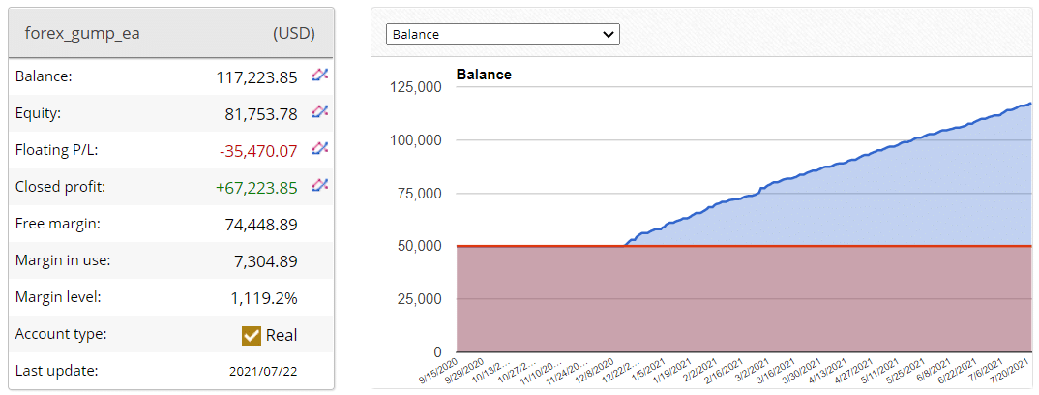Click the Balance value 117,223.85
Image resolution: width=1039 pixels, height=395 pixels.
256,76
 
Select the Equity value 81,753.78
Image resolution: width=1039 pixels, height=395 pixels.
261,113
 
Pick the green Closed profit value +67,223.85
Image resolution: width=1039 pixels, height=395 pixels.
256,187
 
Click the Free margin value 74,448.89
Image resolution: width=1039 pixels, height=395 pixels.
261,224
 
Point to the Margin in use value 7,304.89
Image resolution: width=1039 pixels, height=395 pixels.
265,260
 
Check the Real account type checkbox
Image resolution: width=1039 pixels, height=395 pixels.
252,335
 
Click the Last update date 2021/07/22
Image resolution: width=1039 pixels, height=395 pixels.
263,371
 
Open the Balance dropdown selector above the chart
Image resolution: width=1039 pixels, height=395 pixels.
502,34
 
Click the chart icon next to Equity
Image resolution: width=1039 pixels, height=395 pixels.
320,112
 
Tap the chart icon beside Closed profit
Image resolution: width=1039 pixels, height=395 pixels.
320,186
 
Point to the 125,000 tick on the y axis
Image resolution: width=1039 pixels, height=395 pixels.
415,87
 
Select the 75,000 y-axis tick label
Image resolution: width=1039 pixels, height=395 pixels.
419,193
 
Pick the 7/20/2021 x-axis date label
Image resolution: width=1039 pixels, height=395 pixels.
1013,370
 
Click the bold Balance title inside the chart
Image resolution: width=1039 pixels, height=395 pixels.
484,75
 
